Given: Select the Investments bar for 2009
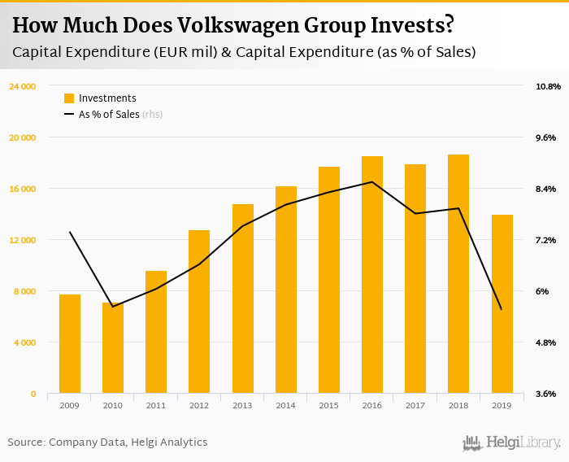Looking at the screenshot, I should (x=70, y=344).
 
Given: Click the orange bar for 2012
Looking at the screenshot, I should (x=199, y=312).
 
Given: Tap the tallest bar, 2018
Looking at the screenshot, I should (x=458, y=274).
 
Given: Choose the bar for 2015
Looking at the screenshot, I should (x=329, y=281).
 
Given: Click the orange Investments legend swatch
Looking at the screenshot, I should (x=69, y=98).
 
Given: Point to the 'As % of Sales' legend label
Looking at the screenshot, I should (x=109, y=115).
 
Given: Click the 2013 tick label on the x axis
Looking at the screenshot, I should (x=242, y=404).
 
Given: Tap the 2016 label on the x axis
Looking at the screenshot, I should (x=372, y=404).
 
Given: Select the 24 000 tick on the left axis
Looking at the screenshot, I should (x=23, y=86).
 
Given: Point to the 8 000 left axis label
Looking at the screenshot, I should (x=27, y=291).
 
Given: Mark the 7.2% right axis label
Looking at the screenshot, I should (x=545, y=240).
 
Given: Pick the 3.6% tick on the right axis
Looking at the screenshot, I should (x=545, y=394).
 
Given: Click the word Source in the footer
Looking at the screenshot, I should (x=25, y=442).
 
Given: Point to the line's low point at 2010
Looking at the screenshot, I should (x=113, y=307).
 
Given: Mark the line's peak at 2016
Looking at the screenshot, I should (x=372, y=182).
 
